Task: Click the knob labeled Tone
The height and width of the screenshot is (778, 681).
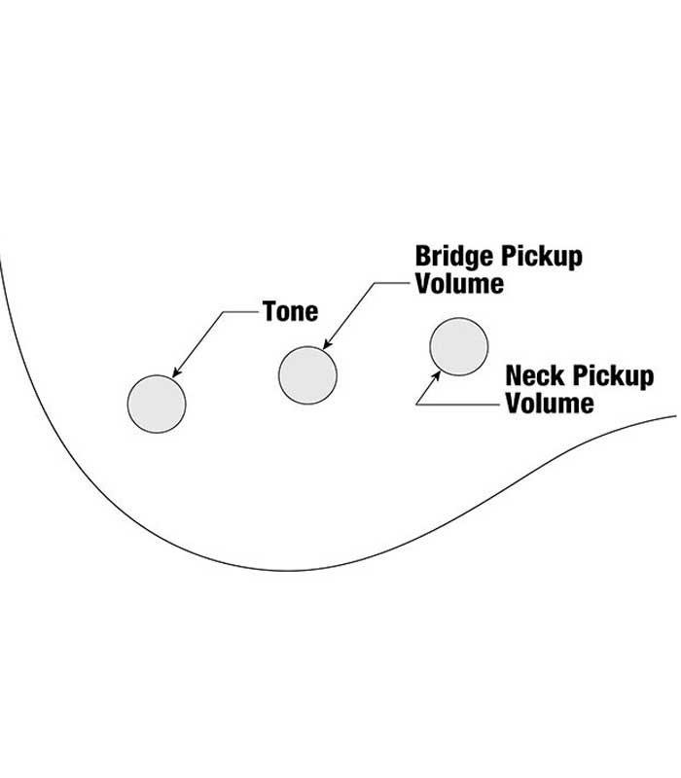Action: click(x=157, y=403)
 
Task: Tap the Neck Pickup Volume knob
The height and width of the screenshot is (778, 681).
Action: click(x=458, y=347)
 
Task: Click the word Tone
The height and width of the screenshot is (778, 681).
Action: click(x=290, y=312)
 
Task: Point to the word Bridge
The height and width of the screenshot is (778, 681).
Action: click(x=454, y=258)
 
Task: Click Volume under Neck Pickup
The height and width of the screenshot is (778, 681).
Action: click(x=550, y=403)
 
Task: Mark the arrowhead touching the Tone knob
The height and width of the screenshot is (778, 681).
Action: click(x=176, y=373)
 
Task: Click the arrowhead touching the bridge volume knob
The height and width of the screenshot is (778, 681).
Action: click(x=327, y=345)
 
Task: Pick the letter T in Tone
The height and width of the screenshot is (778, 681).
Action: click(x=269, y=312)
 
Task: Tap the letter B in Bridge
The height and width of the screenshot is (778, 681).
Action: click(x=424, y=258)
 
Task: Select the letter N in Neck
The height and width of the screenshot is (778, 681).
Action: click(x=514, y=376)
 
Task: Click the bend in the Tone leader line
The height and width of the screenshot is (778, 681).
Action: click(x=226, y=312)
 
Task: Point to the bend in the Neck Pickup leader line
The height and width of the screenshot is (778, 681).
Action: click(x=415, y=403)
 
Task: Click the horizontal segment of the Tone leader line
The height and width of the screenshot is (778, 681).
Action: click(x=242, y=312)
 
